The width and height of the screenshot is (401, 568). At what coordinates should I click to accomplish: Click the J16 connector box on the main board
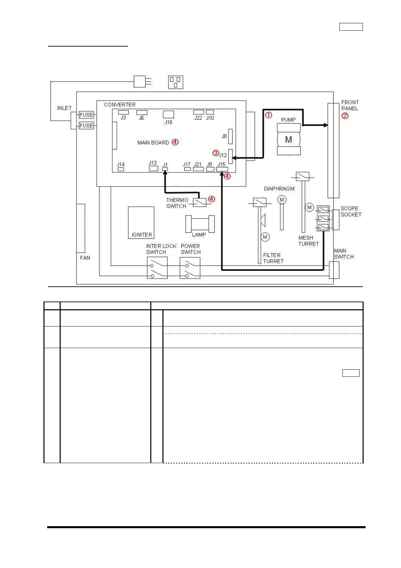coord(168,114)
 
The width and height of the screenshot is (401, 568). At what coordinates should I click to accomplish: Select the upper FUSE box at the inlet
coord(86,115)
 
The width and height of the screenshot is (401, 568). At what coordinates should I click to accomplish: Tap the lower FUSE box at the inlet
coord(86,125)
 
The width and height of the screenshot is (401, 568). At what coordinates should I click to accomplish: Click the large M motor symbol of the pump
coord(288,140)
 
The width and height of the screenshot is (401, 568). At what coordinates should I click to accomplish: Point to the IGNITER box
coord(141,223)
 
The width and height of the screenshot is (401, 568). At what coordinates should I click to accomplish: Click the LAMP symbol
coord(200,224)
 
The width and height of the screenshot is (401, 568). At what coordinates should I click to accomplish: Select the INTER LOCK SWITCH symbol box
coord(157,268)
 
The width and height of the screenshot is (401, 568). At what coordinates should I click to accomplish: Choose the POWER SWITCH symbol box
coord(190,268)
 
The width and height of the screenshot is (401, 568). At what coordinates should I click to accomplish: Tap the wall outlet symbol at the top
coord(176,82)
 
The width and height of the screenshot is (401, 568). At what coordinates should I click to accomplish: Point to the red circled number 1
coord(268,115)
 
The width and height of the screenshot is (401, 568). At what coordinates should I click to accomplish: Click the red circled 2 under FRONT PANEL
coord(345,116)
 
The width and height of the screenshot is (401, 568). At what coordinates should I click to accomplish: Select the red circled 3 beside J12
coord(216,153)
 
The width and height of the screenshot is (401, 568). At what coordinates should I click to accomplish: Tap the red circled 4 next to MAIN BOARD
coord(175,142)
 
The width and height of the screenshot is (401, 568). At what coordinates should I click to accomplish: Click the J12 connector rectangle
coord(230,157)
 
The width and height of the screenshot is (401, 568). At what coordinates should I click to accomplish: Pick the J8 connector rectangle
coord(230,136)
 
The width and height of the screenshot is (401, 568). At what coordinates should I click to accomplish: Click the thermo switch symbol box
coord(199,202)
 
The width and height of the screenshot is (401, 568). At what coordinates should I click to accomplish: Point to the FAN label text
coord(85,258)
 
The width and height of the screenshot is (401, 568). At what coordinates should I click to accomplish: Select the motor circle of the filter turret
coord(265,237)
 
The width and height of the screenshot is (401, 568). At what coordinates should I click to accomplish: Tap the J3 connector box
coord(123,112)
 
